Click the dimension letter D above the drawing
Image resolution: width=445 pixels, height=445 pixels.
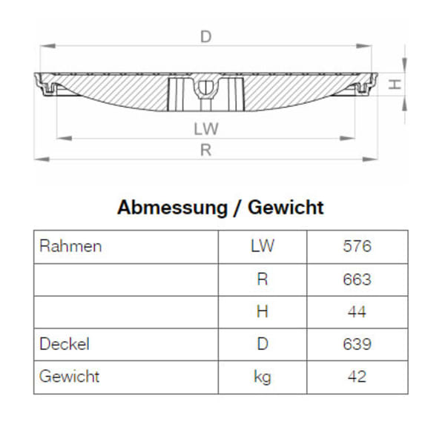coord(205,36)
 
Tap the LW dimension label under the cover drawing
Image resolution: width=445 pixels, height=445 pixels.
coord(206,128)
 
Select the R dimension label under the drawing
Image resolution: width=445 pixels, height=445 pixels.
coord(206,150)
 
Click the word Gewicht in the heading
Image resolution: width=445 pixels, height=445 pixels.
coord(286,207)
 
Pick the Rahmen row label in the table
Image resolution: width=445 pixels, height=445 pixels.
coord(70,246)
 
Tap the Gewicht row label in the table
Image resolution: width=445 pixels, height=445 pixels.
coord(69,377)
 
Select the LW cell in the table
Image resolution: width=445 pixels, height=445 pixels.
coord(262,246)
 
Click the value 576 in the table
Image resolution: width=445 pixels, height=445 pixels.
coord(357,246)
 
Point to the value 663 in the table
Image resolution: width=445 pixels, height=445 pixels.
coord(357,280)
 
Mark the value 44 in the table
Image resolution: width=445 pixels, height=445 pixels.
coord(357,312)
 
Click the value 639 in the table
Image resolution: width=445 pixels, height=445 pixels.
coord(357,344)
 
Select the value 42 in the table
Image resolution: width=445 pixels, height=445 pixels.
coord(357,377)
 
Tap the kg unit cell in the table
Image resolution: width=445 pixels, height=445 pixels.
coord(262,377)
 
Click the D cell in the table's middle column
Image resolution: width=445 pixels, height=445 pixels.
coord(262,344)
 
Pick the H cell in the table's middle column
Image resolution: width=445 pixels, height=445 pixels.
coord(262,312)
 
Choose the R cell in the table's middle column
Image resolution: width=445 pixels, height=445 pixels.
coord(262,280)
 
